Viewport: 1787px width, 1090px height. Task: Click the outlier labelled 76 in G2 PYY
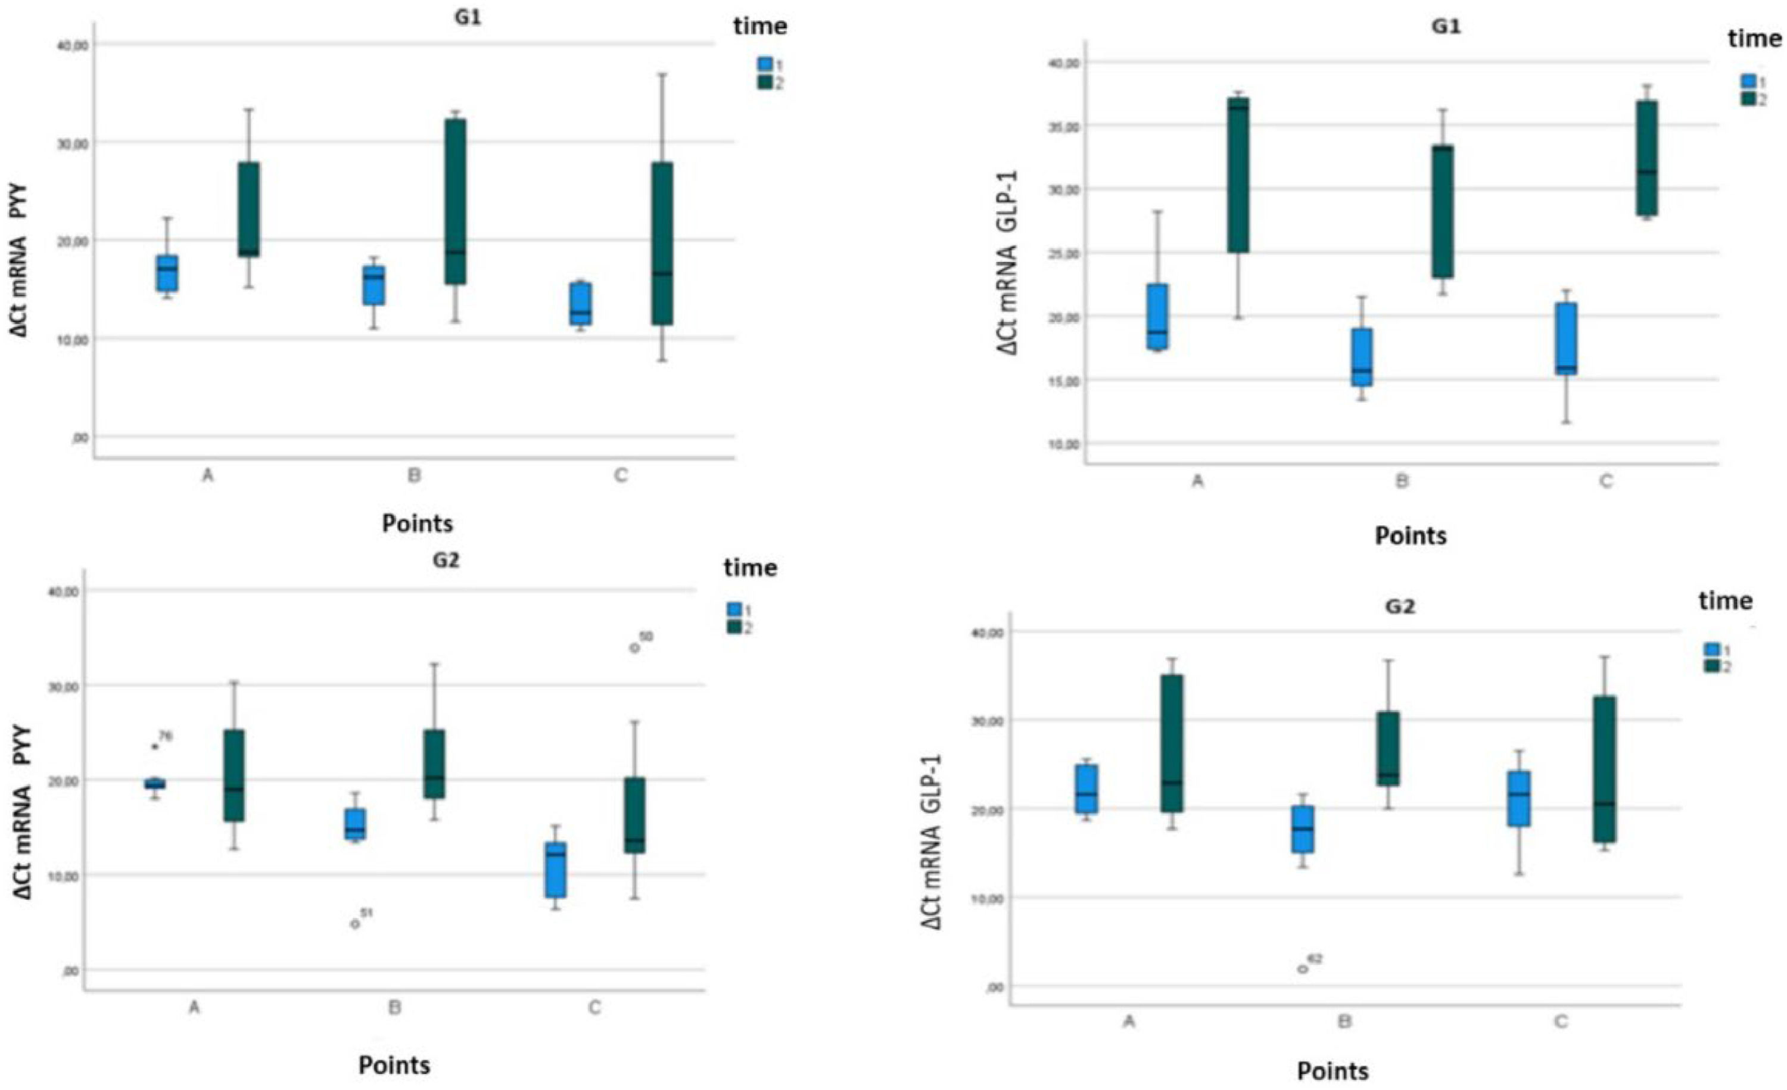(154, 746)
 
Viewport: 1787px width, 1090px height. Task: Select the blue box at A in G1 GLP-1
(1157, 317)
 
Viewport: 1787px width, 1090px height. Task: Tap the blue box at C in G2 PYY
(556, 870)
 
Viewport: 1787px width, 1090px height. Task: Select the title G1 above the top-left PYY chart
(464, 17)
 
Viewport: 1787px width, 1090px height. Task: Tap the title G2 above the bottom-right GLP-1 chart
(1399, 607)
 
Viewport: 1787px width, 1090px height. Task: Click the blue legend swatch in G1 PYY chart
(764, 64)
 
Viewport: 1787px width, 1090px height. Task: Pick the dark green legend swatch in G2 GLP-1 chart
(1711, 666)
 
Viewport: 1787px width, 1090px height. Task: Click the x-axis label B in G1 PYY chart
(414, 477)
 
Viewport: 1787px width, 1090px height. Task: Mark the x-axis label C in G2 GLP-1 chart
(1561, 1022)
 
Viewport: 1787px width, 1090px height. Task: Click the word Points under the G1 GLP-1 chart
(1411, 536)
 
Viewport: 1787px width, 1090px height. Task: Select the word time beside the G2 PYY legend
(750, 568)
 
